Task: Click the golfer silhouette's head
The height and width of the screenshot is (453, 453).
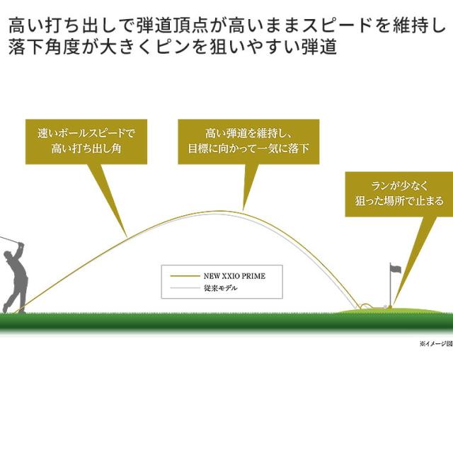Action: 8,256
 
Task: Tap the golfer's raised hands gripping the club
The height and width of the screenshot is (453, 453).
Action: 21,246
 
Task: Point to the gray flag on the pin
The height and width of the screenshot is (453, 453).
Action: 396,269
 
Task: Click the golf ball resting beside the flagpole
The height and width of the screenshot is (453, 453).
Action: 384,306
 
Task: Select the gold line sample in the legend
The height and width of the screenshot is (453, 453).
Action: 185,276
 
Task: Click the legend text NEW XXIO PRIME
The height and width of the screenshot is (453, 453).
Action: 234,276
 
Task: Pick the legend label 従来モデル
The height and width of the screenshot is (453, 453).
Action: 220,288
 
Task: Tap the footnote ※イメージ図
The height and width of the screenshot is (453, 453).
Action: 436,344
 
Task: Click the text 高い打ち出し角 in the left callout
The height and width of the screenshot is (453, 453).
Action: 86,149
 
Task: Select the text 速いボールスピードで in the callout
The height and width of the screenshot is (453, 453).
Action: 86,133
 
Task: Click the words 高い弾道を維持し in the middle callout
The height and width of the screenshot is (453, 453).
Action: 245,133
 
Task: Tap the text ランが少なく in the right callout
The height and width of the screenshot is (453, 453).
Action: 399,185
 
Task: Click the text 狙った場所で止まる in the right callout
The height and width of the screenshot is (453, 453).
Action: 399,201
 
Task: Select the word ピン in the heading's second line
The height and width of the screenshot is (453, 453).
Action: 173,47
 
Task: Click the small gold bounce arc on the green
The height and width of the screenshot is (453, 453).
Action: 366,304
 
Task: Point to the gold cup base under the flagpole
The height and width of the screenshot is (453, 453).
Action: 390,307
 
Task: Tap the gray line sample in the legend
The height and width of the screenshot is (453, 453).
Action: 185,288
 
